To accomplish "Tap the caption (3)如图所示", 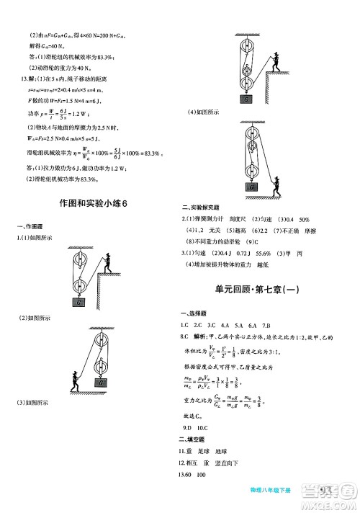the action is pyautogui.click(x=35, y=403).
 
